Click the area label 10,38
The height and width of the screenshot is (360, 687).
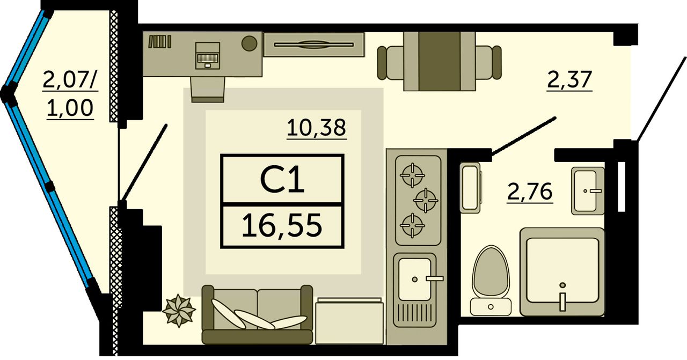tap(316, 128)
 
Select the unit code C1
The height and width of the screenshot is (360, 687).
tap(282, 180)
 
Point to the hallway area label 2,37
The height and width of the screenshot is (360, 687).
tap(569, 80)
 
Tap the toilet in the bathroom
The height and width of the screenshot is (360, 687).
tap(491, 279)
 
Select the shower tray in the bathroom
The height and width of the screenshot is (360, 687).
tap(562, 271)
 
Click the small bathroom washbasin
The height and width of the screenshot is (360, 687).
tap(588, 190)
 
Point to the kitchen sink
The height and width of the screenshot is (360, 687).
tap(415, 278)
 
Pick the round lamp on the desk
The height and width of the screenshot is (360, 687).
tap(249, 43)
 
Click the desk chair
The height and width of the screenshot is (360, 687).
tap(208, 88)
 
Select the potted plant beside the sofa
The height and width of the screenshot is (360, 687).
tap(179, 310)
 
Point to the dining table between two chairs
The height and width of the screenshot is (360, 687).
tap(439, 60)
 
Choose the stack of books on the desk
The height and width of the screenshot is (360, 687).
tap(159, 41)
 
